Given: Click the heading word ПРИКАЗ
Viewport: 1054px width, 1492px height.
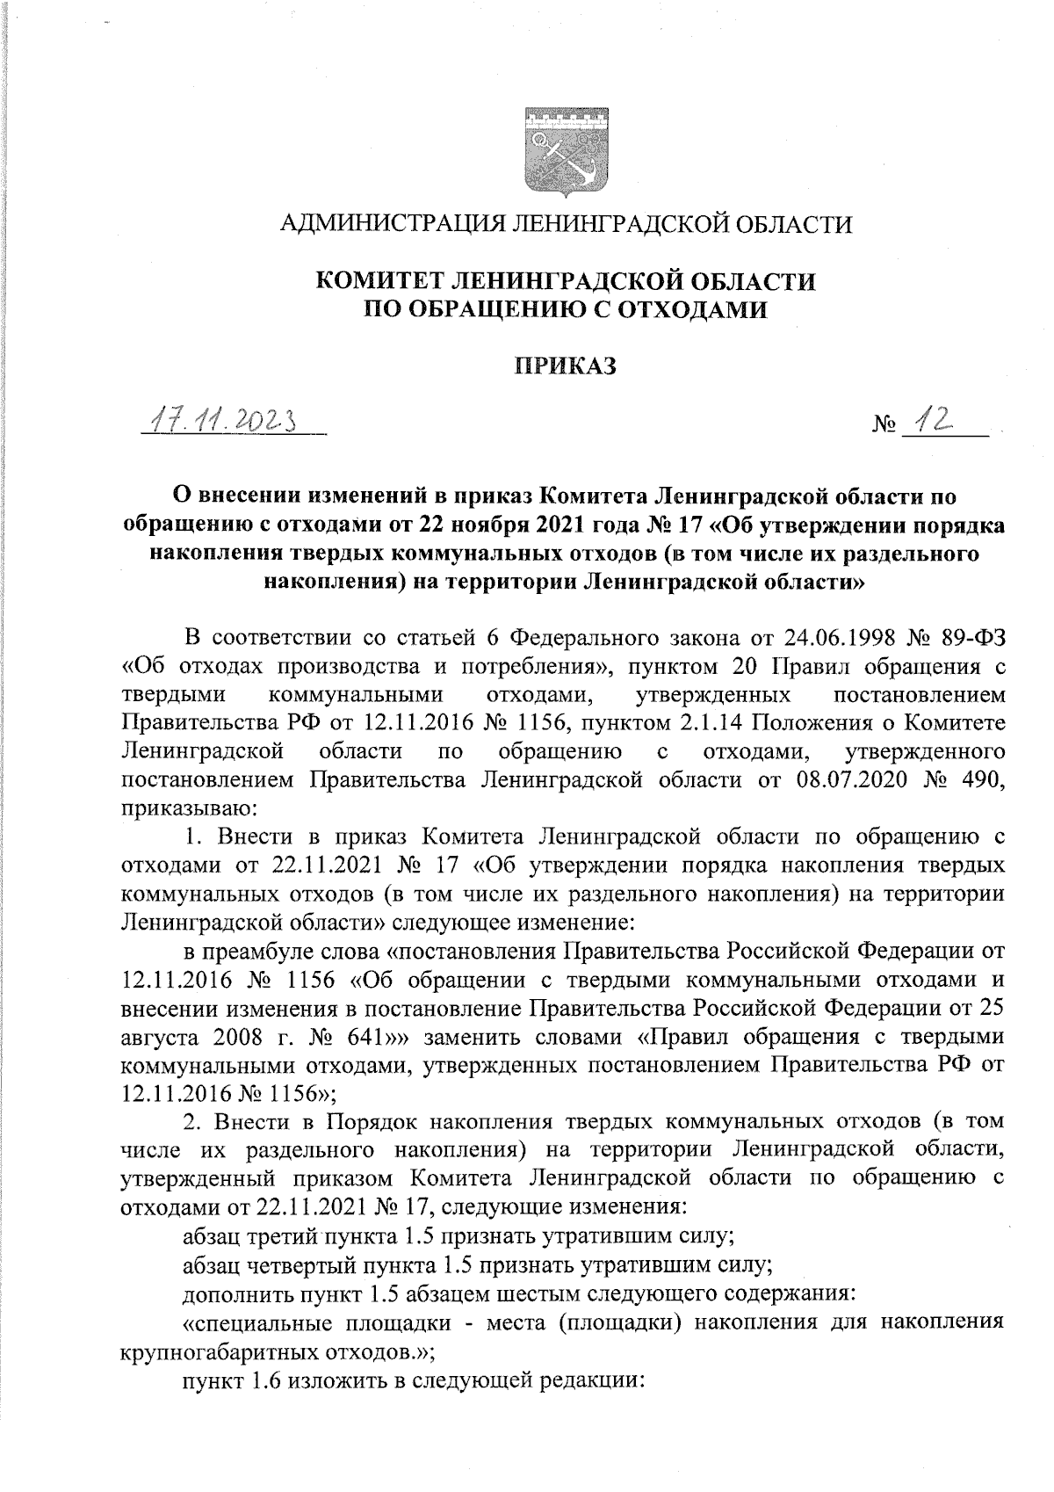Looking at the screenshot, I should point(566,366).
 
